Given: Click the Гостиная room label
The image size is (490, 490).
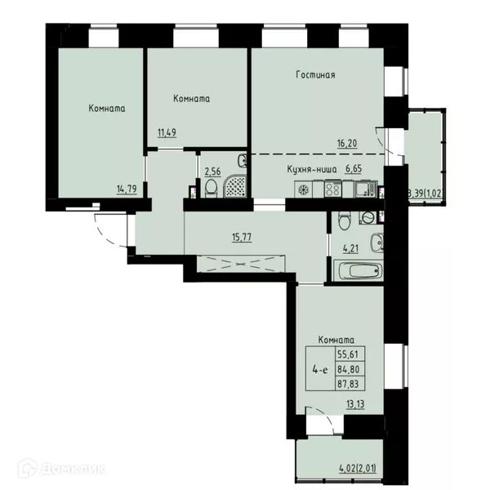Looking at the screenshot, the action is (x=315, y=74).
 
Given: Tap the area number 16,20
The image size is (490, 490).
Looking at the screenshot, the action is (x=347, y=144).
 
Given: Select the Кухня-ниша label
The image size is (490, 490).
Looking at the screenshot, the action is (x=312, y=169).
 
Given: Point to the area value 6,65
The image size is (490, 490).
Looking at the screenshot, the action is (x=354, y=169).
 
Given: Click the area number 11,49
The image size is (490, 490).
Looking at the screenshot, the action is (x=167, y=132).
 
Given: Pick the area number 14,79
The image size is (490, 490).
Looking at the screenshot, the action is (x=127, y=189).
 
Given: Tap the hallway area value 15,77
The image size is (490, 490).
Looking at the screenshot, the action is (x=242, y=237).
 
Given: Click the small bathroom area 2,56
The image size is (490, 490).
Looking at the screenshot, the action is (x=212, y=171).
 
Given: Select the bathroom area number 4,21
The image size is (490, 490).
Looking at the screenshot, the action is (x=350, y=249).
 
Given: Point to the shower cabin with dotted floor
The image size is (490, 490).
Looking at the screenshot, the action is (x=235, y=186).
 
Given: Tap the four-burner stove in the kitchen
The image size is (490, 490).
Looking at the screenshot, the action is (x=333, y=189).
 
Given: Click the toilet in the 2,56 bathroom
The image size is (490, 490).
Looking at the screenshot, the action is (x=211, y=188).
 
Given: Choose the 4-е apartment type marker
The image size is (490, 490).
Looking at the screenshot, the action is (x=320, y=370).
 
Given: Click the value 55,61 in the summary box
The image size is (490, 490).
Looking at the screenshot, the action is (x=348, y=354).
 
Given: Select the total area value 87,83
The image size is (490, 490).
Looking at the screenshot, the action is (x=348, y=384).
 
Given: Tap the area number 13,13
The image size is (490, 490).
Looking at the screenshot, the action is (x=355, y=404).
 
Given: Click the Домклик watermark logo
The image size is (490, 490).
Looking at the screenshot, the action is (x=61, y=469).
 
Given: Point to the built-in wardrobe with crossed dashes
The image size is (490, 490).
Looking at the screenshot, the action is (x=241, y=264).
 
